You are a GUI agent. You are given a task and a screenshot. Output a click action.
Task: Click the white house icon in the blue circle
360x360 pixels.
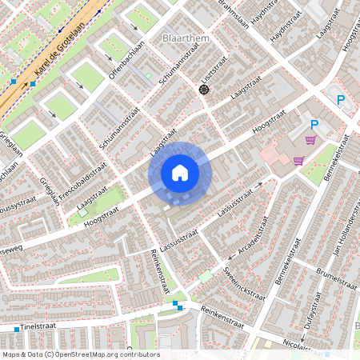click(180, 173)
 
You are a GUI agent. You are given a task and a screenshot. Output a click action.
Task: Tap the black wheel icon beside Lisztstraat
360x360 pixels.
click(203, 90)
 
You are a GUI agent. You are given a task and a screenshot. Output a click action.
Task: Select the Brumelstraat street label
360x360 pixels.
click(334, 283)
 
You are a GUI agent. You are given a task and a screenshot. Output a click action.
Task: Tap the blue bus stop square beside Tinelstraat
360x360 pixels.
click(16, 329)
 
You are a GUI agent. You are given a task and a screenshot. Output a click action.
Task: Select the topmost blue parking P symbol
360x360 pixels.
click(341, 100)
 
